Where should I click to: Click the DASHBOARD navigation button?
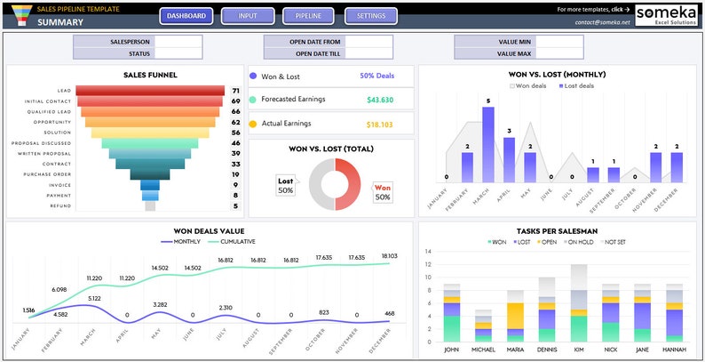(186, 16)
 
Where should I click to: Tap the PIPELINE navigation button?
(308, 16)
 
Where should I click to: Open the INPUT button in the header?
(248, 16)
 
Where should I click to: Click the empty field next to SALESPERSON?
(178, 42)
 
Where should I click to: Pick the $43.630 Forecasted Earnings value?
(379, 100)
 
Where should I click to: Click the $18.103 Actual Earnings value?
(379, 125)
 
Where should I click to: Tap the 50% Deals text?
(377, 76)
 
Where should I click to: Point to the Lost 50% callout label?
(286, 186)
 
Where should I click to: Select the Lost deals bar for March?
(487, 144)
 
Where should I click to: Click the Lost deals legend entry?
(578, 85)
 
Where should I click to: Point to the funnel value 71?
(235, 91)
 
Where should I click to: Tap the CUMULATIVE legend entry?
(233, 241)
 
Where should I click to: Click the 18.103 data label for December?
(390, 256)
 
